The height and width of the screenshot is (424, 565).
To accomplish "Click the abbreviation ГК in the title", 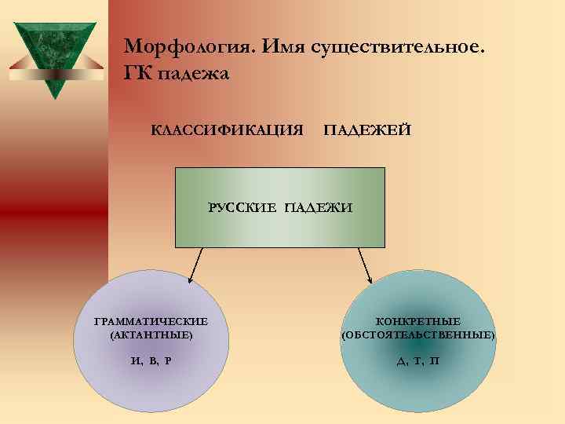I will [140, 75].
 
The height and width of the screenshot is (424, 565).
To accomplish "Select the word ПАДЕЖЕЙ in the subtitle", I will [366, 129].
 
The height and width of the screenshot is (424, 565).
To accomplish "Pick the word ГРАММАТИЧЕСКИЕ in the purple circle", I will [151, 322].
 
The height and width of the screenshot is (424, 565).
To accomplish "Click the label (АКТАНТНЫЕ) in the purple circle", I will [151, 335].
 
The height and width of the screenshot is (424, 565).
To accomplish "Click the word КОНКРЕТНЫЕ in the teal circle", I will [418, 322].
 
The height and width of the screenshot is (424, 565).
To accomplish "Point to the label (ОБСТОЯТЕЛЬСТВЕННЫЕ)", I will [418, 335].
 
